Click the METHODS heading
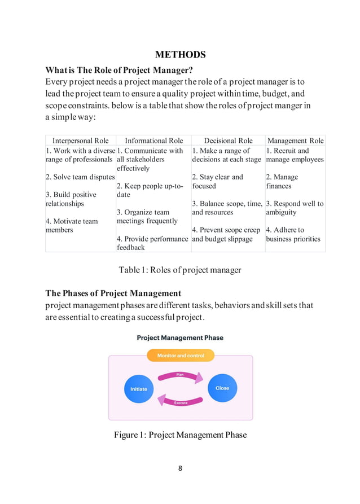tap(180, 55)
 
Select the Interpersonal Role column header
tap(81, 141)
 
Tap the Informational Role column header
tap(154, 141)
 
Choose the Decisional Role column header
tap(228, 141)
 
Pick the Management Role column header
tap(295, 141)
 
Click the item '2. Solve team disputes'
tap(80, 177)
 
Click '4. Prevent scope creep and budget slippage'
tap(226, 234)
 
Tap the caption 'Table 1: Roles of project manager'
tap(180, 270)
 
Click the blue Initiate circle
tap(138, 388)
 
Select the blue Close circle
tap(222, 388)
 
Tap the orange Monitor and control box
tap(181, 356)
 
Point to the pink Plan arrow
tap(180, 375)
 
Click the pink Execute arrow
tap(180, 400)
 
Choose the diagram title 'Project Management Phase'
tap(180, 338)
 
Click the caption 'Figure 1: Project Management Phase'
tap(180, 435)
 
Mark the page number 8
tap(180, 468)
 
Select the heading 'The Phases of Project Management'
tap(113, 293)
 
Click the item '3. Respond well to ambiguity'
tap(295, 208)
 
